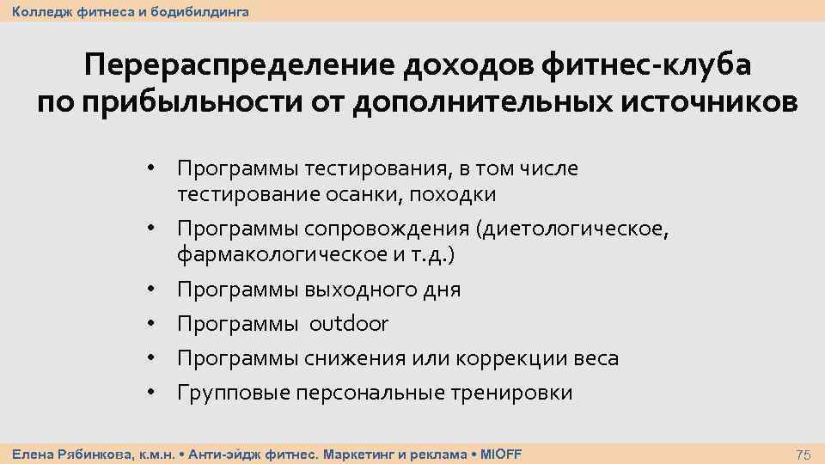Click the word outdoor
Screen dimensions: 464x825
349,324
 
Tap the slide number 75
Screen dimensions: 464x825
804,454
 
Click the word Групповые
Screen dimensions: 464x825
233,393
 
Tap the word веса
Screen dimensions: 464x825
595,358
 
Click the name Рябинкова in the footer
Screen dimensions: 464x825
89,454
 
